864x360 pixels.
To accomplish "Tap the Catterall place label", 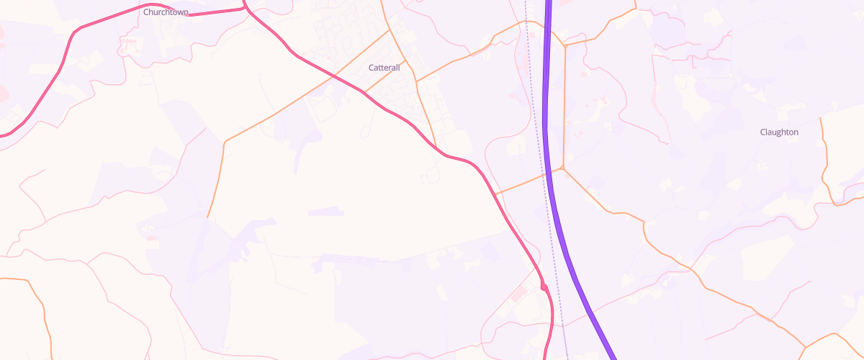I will [384, 67].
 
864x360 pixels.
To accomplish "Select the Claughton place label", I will [779, 132].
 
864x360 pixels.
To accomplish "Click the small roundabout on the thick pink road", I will [544, 288].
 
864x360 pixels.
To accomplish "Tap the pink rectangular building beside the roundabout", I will [519, 295].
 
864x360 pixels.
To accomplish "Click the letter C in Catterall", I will [371, 67].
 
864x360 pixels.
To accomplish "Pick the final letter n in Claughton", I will [796, 132].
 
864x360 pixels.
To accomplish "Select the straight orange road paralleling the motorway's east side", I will [564, 108].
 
